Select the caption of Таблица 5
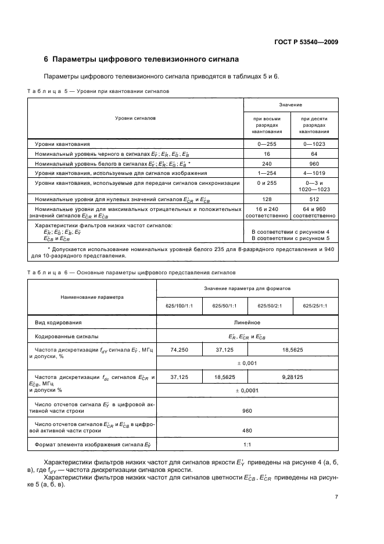pos(98,91)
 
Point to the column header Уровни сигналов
pos(135,117)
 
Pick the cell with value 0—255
pos(266,144)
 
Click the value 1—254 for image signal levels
pos(266,173)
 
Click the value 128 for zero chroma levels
pos(266,199)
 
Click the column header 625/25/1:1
pos(315,306)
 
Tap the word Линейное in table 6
pos(247,322)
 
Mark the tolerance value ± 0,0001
pos(247,391)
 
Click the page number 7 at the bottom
pos(336,497)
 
